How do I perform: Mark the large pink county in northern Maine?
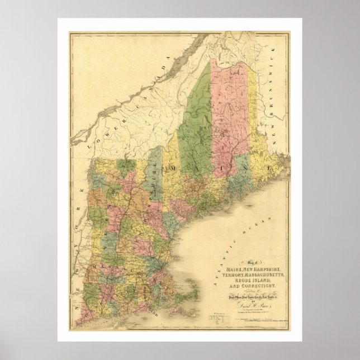[x=229, y=112]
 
